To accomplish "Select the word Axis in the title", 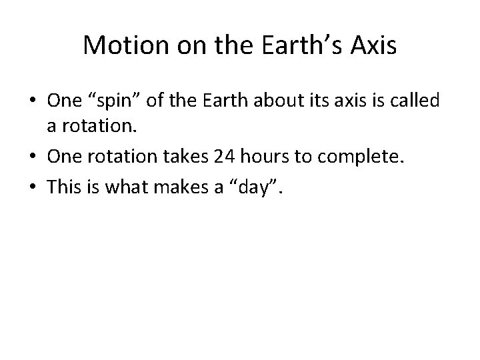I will [x=375, y=46].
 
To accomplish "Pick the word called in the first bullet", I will [x=415, y=101].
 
